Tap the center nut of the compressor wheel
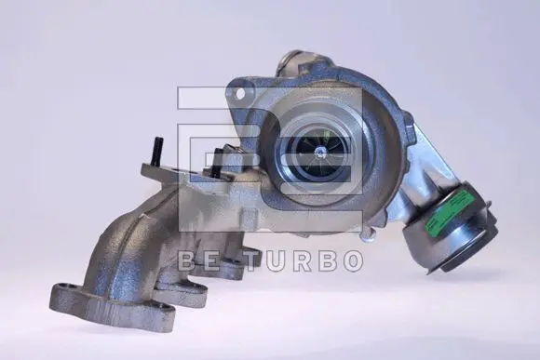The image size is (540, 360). point(320,151)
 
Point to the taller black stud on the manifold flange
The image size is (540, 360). point(159,151)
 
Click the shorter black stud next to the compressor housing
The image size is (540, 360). point(219,163)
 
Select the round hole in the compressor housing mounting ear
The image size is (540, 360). point(241,93)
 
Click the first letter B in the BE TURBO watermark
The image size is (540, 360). point(188,261)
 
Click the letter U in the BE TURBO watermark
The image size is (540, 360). point(280,261)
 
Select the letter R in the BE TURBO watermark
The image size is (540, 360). point(306,261)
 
